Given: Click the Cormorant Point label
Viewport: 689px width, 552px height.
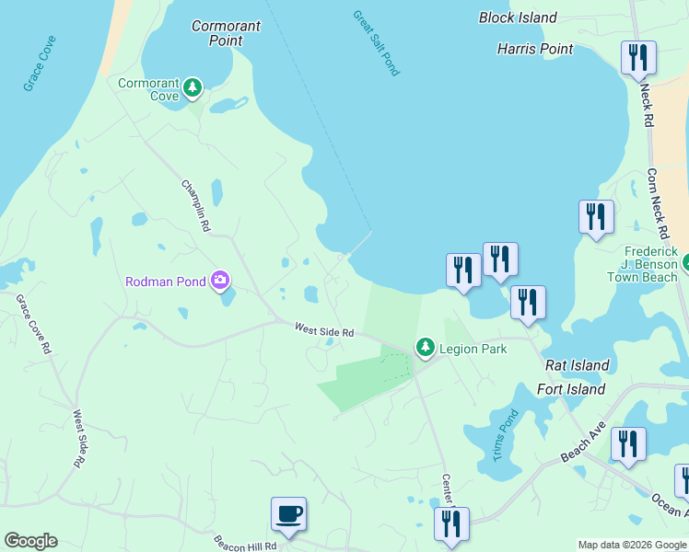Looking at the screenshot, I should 226,33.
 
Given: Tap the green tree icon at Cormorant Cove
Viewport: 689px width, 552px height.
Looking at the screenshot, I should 192,88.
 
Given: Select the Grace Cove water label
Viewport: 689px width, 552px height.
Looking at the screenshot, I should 40,63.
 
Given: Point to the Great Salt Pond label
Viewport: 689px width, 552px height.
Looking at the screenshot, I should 376,43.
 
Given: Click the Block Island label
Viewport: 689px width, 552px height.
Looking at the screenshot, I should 518,17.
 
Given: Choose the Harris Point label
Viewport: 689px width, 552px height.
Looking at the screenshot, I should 535,48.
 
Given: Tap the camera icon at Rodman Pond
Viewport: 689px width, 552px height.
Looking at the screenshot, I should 220,280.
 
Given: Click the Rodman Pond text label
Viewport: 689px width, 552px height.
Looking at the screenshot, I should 166,281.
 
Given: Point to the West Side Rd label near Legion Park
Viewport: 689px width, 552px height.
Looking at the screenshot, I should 324,329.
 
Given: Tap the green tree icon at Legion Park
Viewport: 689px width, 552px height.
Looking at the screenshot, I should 425,348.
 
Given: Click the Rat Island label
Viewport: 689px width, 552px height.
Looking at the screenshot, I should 577,365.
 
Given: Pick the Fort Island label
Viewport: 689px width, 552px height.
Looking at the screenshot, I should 571,389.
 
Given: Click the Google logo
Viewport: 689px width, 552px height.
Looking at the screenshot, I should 30,541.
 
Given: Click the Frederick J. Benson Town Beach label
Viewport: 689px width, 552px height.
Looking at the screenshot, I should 651,264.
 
